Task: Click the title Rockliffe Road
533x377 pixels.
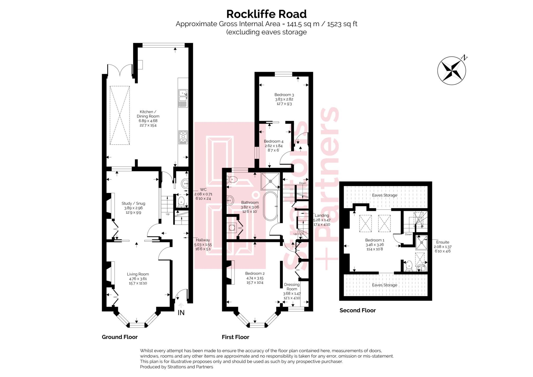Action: click(266, 14)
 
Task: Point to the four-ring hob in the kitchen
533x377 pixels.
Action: click(183, 137)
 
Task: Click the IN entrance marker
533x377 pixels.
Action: click(181, 312)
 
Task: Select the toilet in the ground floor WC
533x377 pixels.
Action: click(181, 201)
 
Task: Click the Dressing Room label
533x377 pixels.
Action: click(292, 287)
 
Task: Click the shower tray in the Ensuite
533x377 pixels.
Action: click(421, 243)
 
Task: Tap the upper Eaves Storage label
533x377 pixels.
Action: click(384, 195)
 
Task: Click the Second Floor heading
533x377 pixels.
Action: click(357, 310)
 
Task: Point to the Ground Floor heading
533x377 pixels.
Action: click(119, 337)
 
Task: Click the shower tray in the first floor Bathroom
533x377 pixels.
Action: click(270, 181)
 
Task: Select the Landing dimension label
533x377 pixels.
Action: click(322, 220)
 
